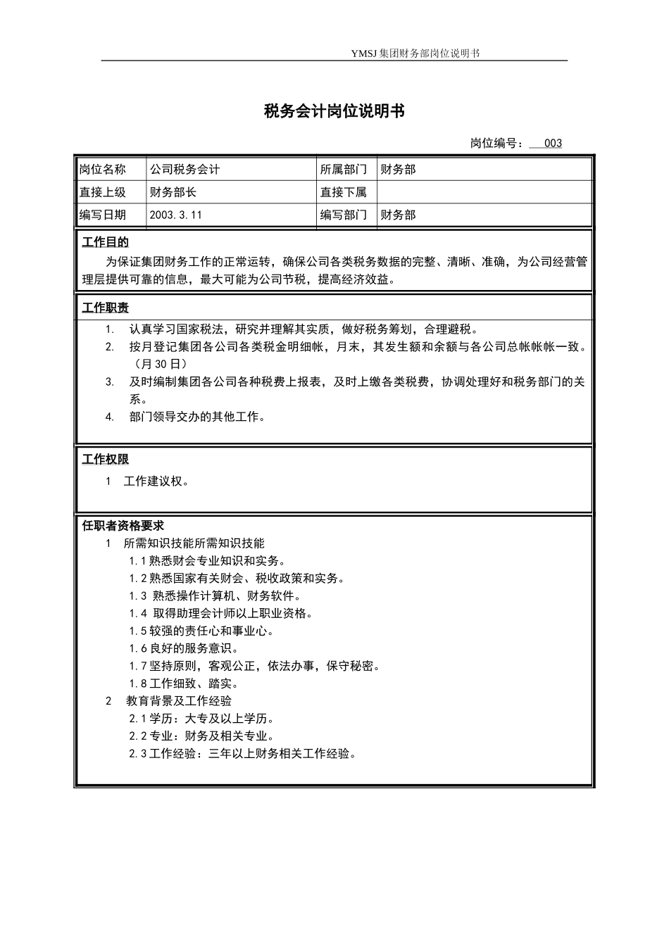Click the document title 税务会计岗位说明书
click(x=334, y=111)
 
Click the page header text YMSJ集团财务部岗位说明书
click(x=415, y=53)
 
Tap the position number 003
click(x=553, y=144)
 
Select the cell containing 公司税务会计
click(x=185, y=170)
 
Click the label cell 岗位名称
click(x=103, y=170)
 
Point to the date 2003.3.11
click(x=176, y=215)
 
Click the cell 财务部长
click(x=173, y=192)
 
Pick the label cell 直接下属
click(x=344, y=192)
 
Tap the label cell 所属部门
click(x=344, y=170)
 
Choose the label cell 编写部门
click(x=344, y=215)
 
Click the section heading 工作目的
click(x=106, y=243)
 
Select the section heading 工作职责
click(x=106, y=308)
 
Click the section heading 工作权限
click(x=106, y=460)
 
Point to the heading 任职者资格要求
click(x=123, y=526)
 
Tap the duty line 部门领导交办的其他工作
click(x=197, y=417)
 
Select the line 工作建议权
click(x=156, y=481)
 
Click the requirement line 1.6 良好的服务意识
click(x=185, y=648)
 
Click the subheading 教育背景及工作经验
click(x=179, y=701)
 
